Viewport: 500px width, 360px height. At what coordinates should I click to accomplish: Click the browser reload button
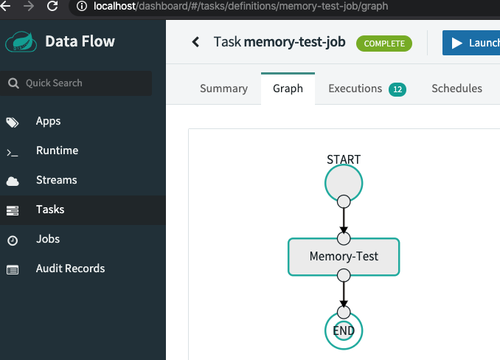[52, 7]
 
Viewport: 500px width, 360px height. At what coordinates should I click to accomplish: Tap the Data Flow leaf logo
[21, 41]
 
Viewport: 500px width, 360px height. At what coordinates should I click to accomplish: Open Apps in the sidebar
[48, 121]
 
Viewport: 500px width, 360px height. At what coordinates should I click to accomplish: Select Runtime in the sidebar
[57, 150]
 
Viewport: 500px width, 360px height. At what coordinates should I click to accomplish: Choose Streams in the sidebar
[56, 180]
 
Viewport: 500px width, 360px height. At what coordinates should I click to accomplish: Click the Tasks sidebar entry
[50, 210]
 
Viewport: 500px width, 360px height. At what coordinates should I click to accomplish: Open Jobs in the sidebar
[48, 239]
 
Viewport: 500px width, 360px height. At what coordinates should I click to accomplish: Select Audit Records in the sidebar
[70, 269]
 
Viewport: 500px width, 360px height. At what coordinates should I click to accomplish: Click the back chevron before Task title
[195, 42]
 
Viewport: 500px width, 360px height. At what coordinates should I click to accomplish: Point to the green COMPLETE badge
[383, 44]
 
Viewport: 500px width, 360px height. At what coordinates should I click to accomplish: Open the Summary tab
[223, 89]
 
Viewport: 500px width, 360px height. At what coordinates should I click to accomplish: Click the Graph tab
[288, 89]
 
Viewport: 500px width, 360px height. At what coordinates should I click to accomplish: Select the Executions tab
[355, 89]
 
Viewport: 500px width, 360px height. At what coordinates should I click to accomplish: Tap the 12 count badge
[397, 89]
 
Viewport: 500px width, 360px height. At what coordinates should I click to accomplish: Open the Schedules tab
[456, 89]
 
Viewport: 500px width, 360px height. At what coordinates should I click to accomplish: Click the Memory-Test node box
[344, 257]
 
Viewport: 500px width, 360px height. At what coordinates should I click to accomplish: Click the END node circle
[344, 332]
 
